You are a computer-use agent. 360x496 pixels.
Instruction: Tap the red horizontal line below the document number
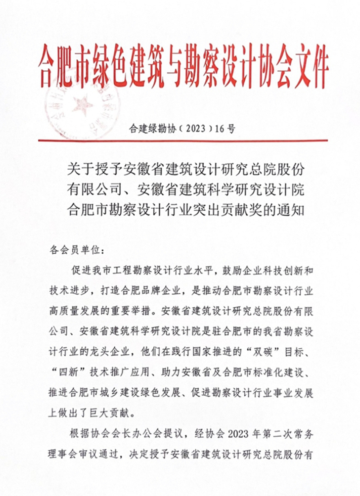pos(183,140)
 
